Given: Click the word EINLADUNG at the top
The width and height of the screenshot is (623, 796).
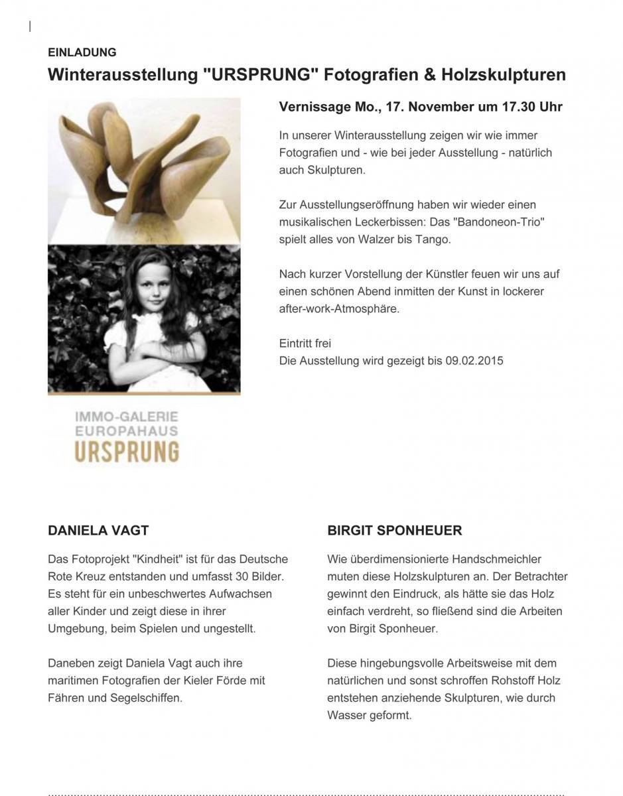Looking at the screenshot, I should click(82, 52).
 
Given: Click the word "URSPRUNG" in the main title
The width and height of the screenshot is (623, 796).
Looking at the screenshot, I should click(259, 74).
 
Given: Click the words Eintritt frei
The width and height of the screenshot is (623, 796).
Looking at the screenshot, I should click(305, 344).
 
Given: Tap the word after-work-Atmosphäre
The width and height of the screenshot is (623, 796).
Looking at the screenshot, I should click(339, 308).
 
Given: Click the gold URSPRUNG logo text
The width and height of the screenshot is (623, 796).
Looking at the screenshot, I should click(127, 452).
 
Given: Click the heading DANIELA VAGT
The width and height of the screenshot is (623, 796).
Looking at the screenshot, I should click(98, 531).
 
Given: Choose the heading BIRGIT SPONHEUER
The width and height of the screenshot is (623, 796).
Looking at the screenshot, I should click(394, 531).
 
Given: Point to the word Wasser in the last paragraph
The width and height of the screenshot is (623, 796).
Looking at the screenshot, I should click(344, 715).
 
